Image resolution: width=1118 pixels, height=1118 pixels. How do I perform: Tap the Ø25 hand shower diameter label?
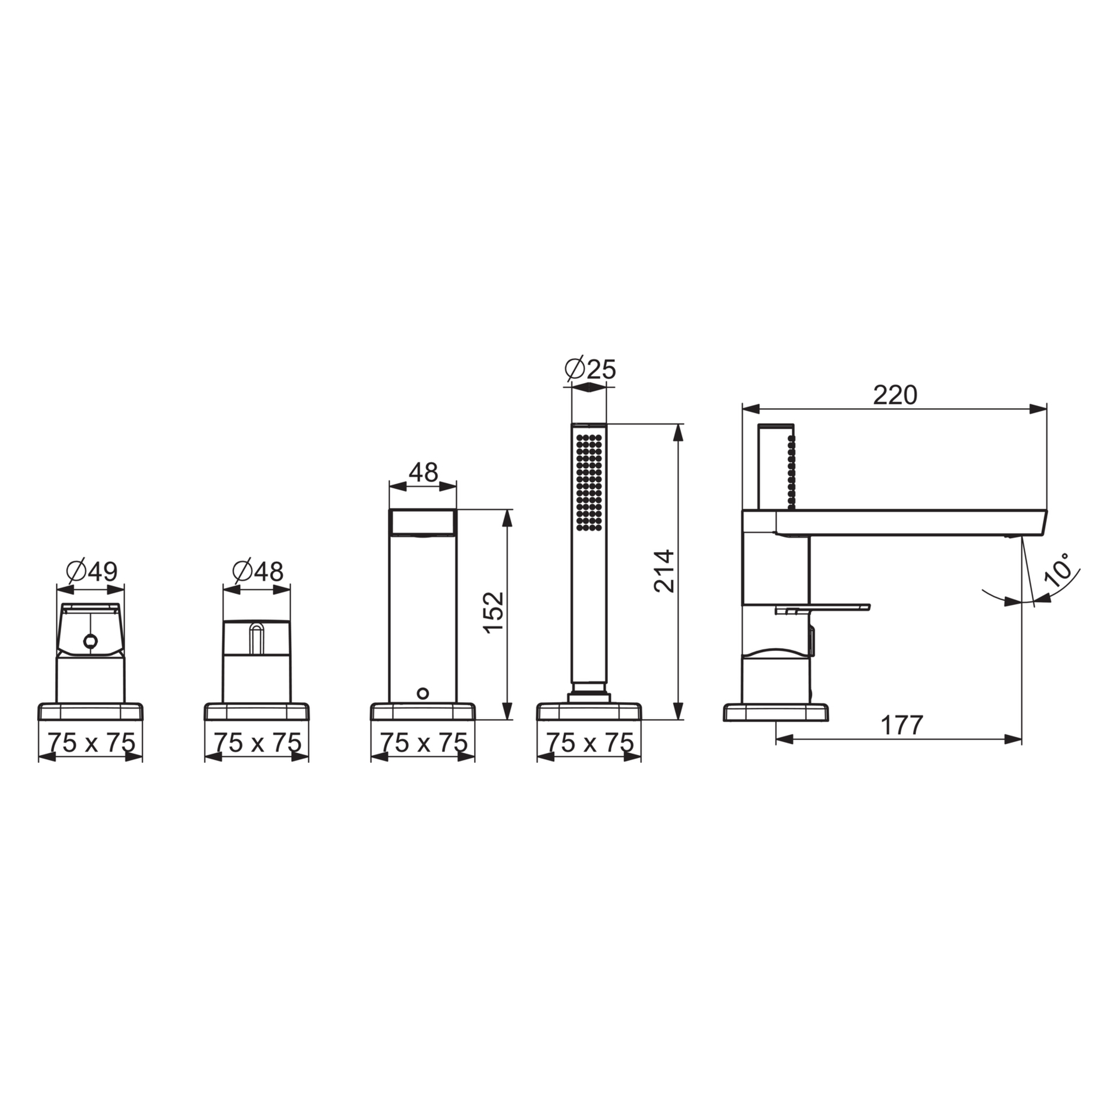590,369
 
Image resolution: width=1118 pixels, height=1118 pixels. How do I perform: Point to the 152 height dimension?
493,613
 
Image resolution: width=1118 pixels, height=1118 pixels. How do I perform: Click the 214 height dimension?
664,571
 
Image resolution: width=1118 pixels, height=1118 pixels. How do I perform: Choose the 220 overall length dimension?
895,395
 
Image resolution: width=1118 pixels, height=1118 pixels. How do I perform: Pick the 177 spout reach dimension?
902,725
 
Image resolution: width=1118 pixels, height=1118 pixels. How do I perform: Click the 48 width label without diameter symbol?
423,472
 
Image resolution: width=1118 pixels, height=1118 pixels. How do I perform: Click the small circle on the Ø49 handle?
90,641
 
